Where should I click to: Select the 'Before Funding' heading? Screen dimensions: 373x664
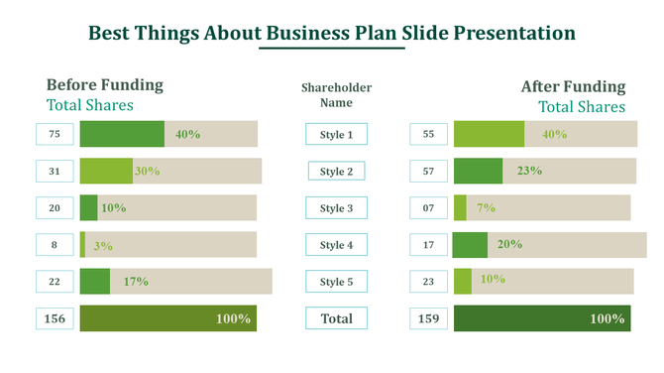[105, 85]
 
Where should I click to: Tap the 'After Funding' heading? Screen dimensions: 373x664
[573, 87]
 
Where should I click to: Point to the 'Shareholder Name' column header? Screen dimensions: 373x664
[335, 95]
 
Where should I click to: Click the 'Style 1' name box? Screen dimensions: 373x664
[336, 135]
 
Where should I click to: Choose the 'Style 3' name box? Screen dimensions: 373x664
[336, 208]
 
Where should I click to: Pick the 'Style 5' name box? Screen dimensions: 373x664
[336, 283]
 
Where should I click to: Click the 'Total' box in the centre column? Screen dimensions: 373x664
[336, 318]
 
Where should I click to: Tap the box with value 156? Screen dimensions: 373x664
[55, 318]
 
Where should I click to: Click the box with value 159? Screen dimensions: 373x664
[428, 318]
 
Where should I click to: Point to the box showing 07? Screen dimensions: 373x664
[428, 208]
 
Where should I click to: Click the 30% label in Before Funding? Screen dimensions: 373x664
[147, 171]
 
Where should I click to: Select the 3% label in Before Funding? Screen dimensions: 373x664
[102, 245]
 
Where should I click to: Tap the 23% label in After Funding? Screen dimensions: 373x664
[528, 171]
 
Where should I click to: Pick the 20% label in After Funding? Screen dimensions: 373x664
[509, 244]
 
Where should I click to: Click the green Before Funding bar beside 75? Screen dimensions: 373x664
[121, 134]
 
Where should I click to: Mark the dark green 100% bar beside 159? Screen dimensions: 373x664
[541, 318]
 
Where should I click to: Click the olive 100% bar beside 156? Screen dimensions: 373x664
[167, 318]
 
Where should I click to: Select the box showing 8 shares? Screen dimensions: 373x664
[55, 245]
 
